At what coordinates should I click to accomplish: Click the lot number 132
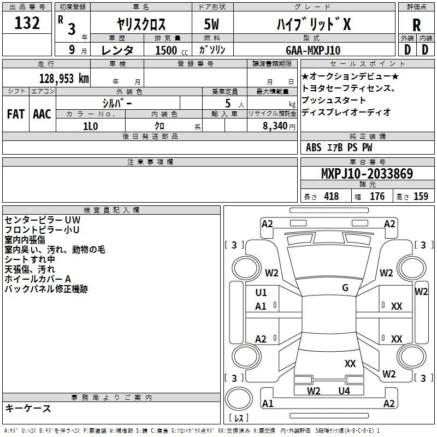27,22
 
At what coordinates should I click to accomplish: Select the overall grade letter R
416,25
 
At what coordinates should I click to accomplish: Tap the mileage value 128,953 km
64,79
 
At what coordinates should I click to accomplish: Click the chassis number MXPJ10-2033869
367,173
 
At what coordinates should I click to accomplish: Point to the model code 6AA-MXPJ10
313,50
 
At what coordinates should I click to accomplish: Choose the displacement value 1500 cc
172,50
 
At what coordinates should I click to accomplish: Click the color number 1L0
90,126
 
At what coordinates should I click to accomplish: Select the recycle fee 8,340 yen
279,126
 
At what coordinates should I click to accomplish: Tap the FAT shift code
16,114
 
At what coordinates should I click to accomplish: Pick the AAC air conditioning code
42,114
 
